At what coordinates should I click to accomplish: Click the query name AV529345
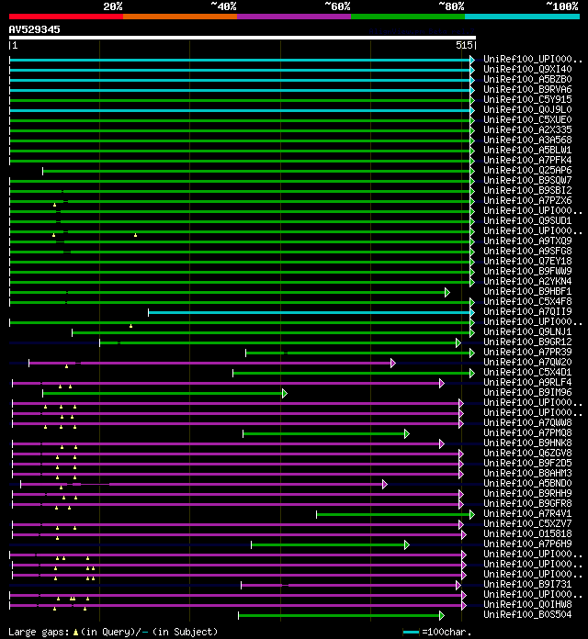[x=35, y=29]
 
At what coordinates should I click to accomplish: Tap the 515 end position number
[x=464, y=45]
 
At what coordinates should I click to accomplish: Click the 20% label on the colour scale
[x=113, y=6]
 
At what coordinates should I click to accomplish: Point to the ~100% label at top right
[x=561, y=6]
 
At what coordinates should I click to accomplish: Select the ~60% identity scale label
[x=337, y=6]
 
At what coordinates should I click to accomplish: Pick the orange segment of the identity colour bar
[x=179, y=16]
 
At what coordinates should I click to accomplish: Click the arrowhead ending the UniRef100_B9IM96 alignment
[x=285, y=393]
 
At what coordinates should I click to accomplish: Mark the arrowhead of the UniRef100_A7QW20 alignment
[x=392, y=363]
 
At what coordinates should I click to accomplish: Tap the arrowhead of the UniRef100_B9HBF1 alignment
[x=447, y=292]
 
